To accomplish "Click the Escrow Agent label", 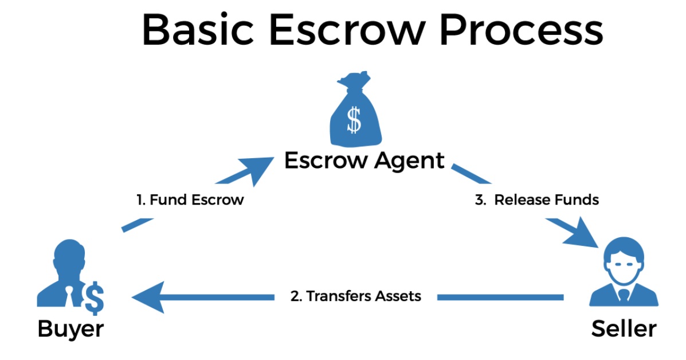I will pos(364,161).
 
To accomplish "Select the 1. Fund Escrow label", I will pos(190,200).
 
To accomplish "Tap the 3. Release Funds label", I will pos(537,200).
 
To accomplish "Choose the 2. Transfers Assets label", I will pos(356,296).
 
